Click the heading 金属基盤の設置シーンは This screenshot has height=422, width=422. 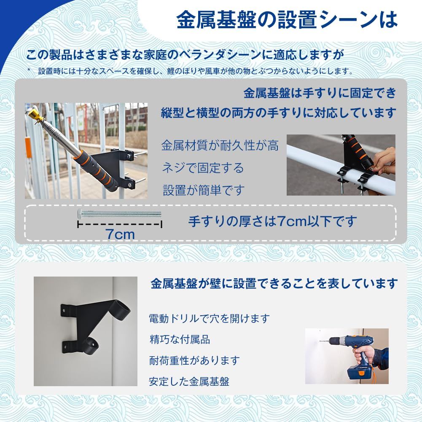pos(287,19)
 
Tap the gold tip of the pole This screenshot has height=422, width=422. pos(34,113)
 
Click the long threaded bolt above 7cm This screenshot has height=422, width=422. pos(120,214)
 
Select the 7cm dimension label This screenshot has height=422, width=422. pos(120,234)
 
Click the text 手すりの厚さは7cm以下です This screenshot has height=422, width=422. pos(272,221)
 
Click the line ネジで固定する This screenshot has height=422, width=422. pos(203,168)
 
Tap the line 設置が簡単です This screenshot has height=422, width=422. pos(203,190)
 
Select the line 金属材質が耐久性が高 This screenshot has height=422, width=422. pos(220,146)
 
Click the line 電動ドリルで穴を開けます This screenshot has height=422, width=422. pos(209,318)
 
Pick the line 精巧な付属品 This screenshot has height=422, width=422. pos(180,339)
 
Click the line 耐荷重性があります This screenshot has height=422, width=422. pos(194,361)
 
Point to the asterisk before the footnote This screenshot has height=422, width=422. pos(29,70)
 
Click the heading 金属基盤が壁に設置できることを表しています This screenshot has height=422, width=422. pos(274,283)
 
